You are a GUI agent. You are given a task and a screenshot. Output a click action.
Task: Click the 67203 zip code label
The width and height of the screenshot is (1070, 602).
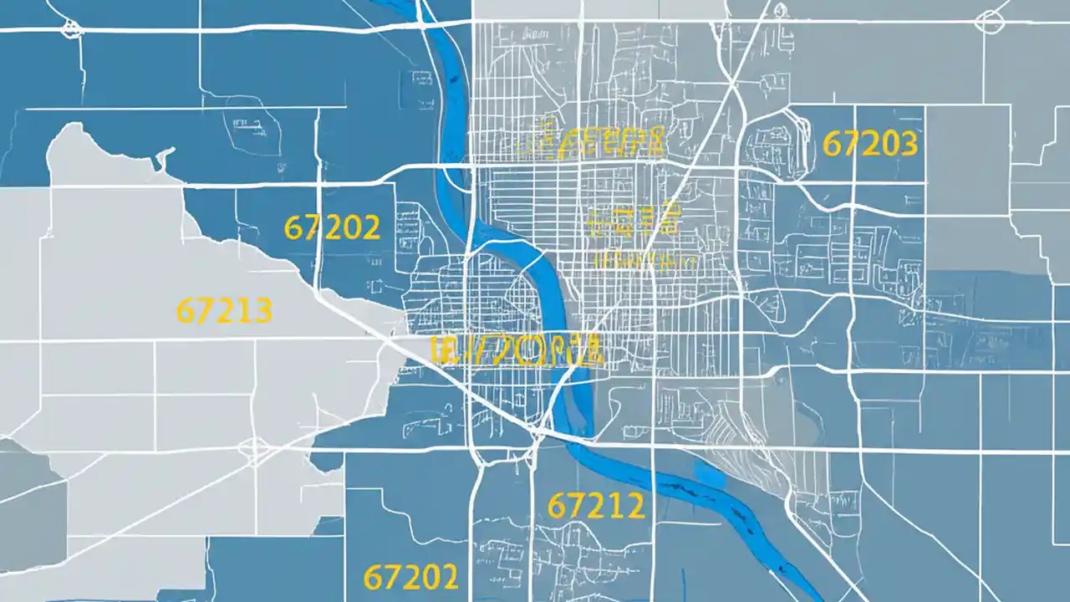pos(870,144)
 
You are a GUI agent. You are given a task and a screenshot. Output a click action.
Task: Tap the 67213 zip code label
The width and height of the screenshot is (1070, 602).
pos(224,311)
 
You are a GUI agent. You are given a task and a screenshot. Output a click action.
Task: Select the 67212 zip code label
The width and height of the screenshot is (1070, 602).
pos(595,505)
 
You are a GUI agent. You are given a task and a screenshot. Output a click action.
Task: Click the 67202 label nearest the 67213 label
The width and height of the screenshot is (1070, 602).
pos(332,227)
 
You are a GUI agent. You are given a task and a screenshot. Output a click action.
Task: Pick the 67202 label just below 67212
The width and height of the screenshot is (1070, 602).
pos(410,576)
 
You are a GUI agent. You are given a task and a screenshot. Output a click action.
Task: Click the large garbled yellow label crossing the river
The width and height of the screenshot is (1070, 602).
pos(515,350)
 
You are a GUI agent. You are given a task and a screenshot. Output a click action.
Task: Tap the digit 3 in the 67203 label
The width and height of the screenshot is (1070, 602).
pos(909,144)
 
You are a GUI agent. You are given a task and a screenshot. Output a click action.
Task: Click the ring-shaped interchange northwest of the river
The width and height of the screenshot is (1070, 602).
pos(72,29)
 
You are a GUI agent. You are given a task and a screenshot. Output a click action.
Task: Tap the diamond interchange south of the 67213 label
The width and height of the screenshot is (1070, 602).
pos(253,450)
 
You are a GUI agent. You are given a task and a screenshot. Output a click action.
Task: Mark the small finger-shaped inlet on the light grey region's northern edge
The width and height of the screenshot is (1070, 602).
pos(164,156)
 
